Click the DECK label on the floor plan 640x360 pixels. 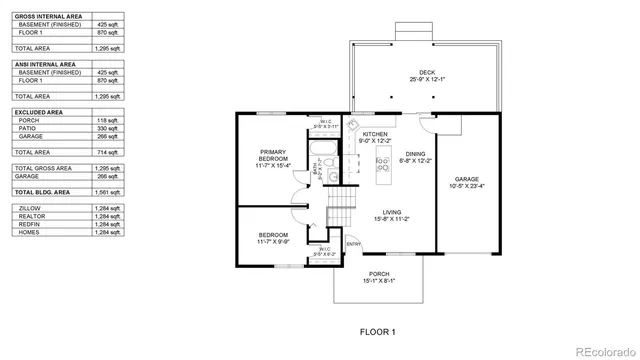427,72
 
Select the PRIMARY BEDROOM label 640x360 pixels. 273,155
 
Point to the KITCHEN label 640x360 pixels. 375,134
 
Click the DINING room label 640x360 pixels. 415,154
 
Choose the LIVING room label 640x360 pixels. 392,212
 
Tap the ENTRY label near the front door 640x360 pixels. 353,244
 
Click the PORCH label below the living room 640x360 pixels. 378,274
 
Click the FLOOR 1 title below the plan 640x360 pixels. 378,331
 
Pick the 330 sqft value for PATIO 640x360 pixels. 108,128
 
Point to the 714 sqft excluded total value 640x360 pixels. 108,152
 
